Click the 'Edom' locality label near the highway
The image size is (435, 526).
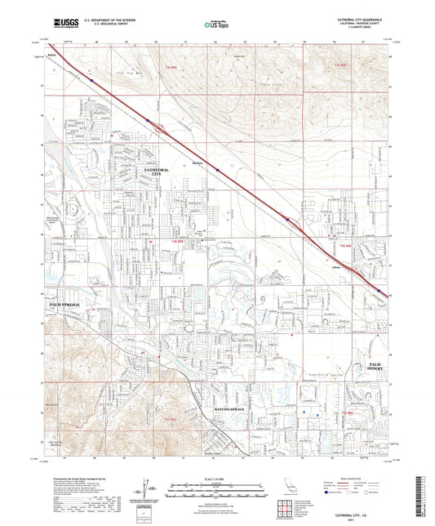point(336,266)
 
